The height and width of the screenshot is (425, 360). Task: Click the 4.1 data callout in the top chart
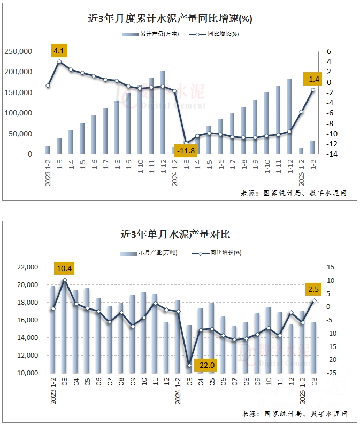coord(59,51)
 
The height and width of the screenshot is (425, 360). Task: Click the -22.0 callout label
coord(205,365)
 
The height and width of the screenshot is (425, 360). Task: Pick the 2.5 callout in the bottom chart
coord(313,289)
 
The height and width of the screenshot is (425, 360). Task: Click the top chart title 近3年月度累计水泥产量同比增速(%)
coord(170,19)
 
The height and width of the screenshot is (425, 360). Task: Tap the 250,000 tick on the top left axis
coord(19,51)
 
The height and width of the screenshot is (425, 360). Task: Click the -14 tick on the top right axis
coord(324,154)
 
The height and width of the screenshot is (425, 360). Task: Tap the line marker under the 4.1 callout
coord(59,62)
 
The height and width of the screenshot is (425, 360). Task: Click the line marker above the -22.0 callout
coord(189,365)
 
